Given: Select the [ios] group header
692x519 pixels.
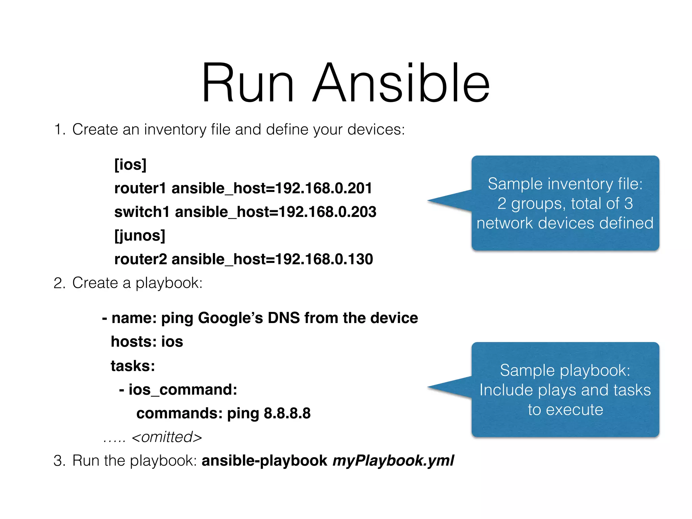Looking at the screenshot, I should pos(130,165).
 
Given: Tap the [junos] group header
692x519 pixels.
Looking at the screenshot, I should pos(140,236).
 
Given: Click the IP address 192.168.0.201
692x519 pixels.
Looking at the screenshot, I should pos(324,188).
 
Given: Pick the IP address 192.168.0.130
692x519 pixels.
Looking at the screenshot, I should pos(324,259).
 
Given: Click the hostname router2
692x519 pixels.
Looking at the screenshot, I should pos(141,259).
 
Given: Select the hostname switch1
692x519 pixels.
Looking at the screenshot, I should pos(142,212).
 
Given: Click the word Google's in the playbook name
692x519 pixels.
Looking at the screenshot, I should pos(230,318).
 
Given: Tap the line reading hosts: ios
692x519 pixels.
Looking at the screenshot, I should pos(147,342).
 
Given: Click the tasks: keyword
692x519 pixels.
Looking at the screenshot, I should pos(133,366).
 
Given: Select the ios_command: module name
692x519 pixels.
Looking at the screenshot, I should pos(182,390).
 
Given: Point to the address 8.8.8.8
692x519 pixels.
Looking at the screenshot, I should pos(287,413).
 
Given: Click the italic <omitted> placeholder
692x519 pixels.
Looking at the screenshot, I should pos(167,437).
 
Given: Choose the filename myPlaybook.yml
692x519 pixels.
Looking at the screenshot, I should pos(393,461).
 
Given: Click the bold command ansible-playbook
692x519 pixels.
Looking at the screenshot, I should pos(264,461).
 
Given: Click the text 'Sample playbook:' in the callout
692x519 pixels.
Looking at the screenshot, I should pos(565,370).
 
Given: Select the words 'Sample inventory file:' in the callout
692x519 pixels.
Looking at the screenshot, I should pos(565,184).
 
